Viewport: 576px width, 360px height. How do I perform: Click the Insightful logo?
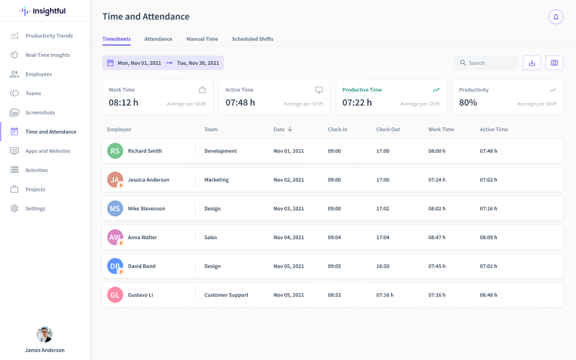[x=42, y=11]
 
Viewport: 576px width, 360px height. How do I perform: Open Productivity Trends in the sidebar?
[x=49, y=36]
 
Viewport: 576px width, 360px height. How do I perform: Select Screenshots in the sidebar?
[x=40, y=112]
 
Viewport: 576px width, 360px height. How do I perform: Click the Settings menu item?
[x=35, y=209]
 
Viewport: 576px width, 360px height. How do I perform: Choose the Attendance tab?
[x=158, y=39]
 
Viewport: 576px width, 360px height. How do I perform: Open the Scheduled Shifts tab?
[x=252, y=39]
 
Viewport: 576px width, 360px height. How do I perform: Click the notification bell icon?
[x=555, y=17]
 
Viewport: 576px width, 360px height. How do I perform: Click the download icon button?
[x=531, y=63]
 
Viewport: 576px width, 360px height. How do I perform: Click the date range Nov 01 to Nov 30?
[x=163, y=63]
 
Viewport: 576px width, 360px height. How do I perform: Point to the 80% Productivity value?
[x=468, y=103]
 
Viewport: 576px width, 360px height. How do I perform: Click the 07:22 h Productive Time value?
[x=357, y=103]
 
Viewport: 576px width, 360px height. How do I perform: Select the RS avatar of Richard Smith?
[x=115, y=151]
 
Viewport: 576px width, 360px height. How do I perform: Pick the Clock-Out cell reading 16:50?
[x=382, y=266]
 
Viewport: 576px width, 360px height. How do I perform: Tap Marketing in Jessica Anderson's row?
[x=216, y=180]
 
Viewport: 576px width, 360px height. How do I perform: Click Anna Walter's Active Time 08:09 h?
[x=488, y=238]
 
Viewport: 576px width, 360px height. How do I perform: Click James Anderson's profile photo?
[x=45, y=335]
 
